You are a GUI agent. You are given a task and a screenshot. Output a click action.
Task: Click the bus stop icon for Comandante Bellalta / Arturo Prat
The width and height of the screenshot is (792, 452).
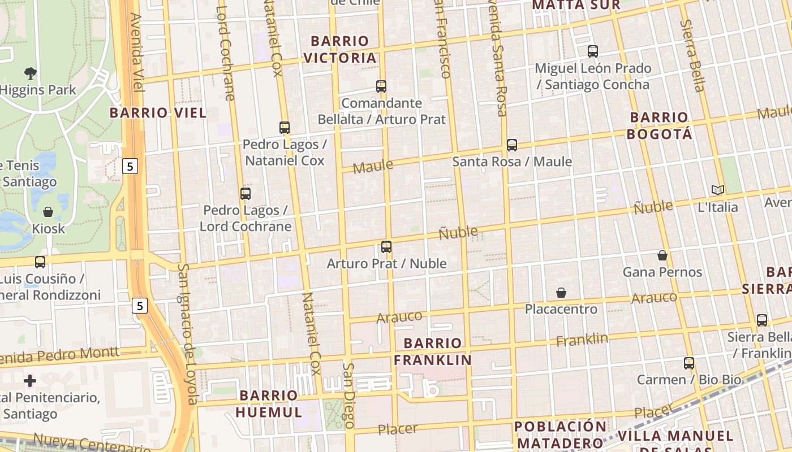381,86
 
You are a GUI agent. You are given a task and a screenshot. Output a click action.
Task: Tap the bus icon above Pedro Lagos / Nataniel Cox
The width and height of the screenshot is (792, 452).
285,128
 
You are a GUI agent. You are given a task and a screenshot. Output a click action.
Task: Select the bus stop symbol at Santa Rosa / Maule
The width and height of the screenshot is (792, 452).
512,145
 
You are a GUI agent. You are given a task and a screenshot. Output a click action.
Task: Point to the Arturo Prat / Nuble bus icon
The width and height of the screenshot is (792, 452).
386,247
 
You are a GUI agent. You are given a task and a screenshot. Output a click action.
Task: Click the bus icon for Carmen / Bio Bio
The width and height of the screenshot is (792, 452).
689,363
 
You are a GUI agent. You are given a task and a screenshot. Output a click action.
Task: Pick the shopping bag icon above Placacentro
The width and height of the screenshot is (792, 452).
561,293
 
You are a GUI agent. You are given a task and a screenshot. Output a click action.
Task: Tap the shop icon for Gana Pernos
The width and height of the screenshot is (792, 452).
662,255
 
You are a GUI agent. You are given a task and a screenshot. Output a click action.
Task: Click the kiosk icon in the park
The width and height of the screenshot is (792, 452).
48,212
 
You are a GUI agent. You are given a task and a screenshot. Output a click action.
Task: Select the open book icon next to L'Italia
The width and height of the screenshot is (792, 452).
717,190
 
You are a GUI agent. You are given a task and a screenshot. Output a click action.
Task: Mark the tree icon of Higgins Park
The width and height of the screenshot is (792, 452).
31,73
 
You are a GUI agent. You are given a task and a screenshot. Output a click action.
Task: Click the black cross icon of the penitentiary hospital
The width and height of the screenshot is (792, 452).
30,381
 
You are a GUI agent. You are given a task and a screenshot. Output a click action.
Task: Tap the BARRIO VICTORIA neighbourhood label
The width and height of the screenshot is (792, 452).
340,49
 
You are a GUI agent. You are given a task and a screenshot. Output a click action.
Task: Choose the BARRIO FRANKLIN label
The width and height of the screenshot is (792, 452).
433,351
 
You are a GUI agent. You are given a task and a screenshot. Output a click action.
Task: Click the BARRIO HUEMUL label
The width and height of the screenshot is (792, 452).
269,403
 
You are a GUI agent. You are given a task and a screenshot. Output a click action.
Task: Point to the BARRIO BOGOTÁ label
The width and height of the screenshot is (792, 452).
660,125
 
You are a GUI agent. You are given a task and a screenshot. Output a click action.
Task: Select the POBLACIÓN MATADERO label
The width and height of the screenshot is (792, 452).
561,434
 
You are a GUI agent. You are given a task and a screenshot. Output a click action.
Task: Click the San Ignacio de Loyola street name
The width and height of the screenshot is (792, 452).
188,333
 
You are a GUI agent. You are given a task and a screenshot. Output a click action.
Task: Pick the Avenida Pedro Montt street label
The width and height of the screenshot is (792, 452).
59,355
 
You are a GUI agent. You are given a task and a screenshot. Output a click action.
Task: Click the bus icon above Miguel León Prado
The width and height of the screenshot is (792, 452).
593,51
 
